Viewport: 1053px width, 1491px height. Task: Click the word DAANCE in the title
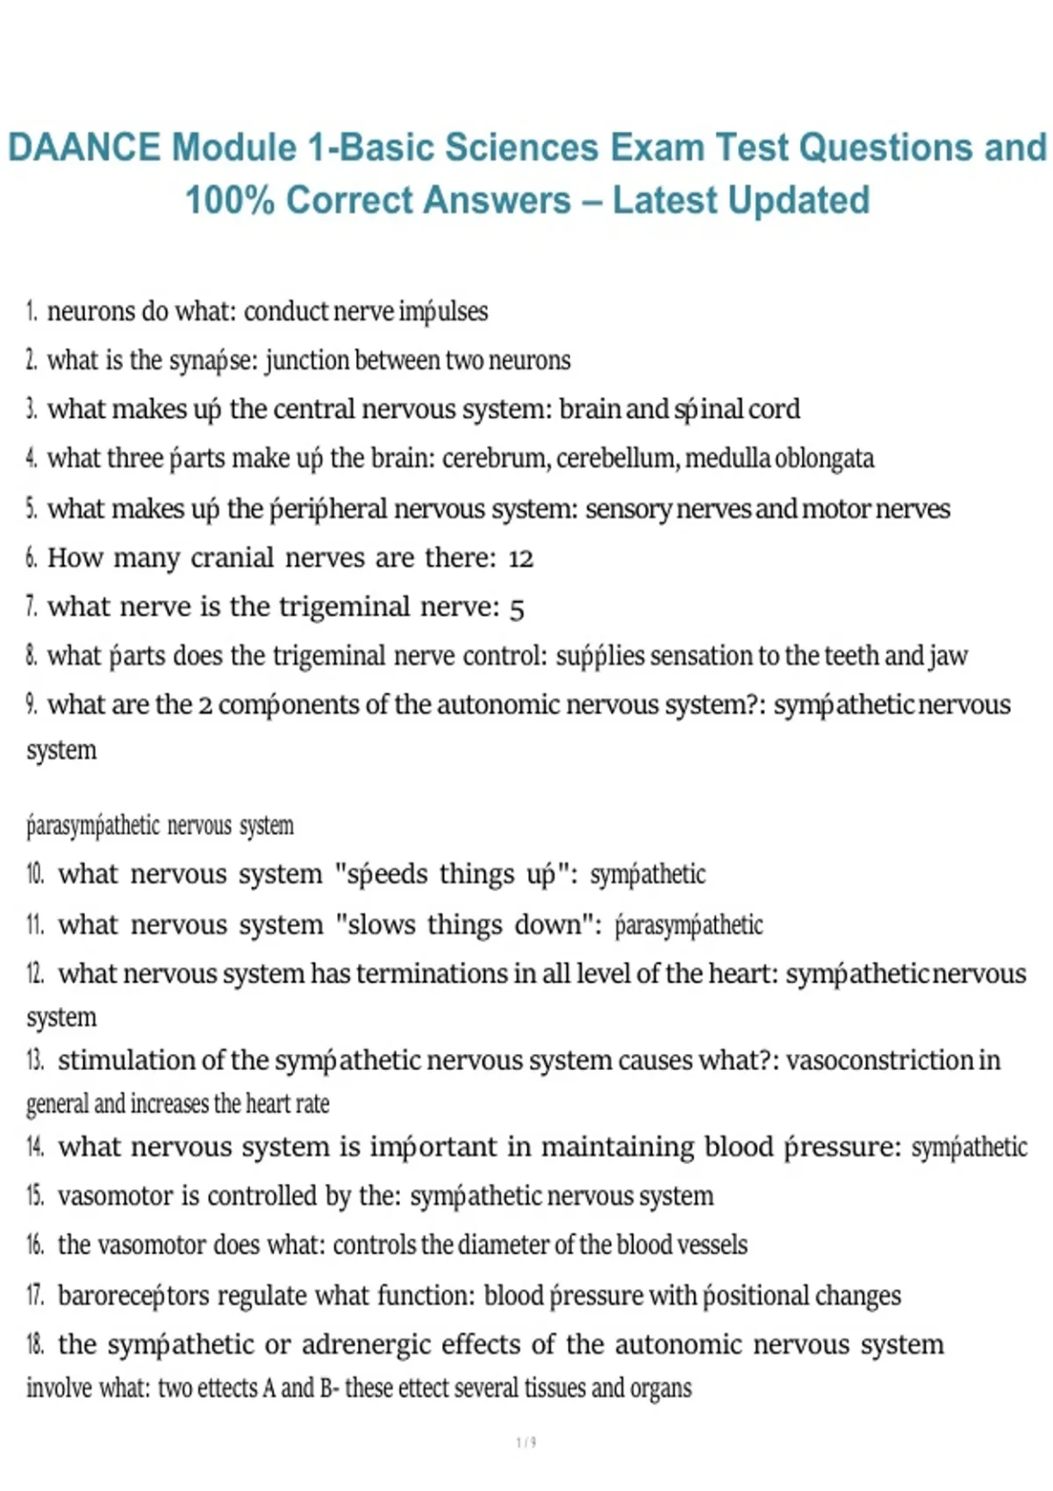[x=84, y=147]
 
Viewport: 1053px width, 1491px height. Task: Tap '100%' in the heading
[x=229, y=200]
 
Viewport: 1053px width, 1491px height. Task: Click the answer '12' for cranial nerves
[x=520, y=558]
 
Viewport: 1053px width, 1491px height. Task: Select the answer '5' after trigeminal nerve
[x=517, y=608]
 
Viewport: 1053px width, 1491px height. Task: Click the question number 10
[x=35, y=874]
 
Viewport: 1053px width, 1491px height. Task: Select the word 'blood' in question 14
[x=738, y=1147]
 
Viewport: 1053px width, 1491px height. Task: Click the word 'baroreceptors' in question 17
[x=133, y=1295]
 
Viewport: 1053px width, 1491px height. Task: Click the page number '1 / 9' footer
[x=526, y=1442]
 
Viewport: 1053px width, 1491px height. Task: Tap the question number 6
[x=32, y=558]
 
